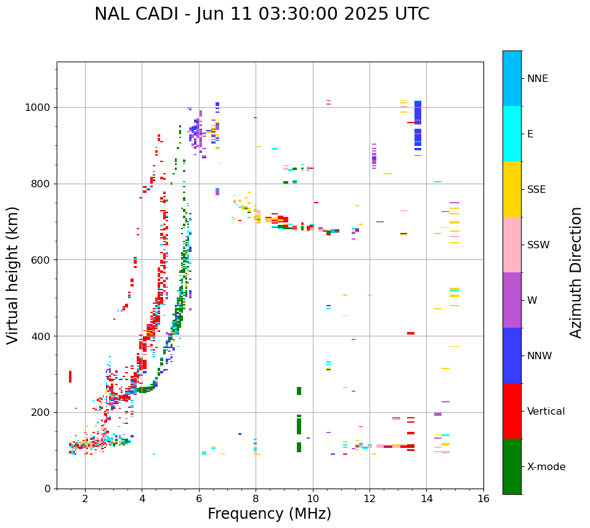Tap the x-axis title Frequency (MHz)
click(269, 514)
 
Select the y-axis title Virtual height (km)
click(13, 275)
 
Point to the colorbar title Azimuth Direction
click(576, 272)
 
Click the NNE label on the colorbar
click(538, 79)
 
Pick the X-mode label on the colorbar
click(546, 467)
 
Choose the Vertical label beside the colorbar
click(546, 412)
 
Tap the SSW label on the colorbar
click(538, 245)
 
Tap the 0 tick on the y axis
click(47, 489)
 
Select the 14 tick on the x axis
click(427, 498)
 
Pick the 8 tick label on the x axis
click(256, 498)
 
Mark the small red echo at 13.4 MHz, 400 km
click(410, 333)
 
